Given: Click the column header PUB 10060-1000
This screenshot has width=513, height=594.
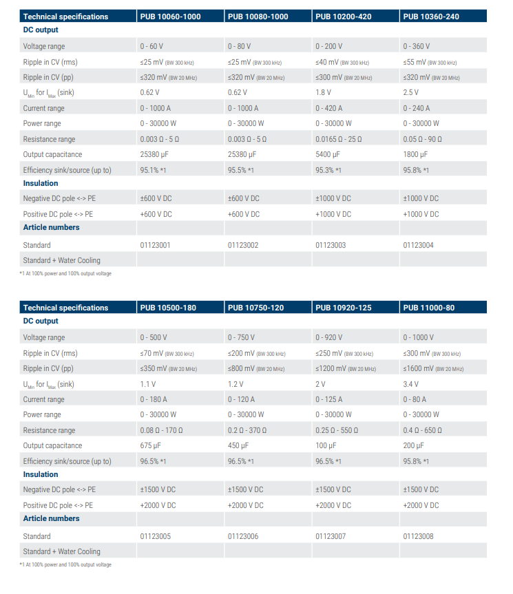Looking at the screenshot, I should [x=170, y=17].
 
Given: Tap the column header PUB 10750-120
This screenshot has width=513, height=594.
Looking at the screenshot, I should [x=255, y=308].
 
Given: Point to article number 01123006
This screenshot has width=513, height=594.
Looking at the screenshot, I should [x=243, y=536].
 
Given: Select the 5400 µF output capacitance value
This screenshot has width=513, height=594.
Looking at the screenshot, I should [x=327, y=155].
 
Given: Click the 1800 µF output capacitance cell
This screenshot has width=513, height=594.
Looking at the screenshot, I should [x=415, y=155].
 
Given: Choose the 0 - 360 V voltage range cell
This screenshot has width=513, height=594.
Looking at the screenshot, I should [x=417, y=46].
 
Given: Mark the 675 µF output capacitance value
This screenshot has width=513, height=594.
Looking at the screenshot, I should [x=150, y=446].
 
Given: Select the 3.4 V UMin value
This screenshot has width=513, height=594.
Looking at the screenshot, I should [x=410, y=384].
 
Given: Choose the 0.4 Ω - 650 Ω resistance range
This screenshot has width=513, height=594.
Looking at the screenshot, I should [x=423, y=430].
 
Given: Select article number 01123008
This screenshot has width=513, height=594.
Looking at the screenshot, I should [x=418, y=536].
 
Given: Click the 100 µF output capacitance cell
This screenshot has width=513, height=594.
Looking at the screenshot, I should [x=326, y=446].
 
